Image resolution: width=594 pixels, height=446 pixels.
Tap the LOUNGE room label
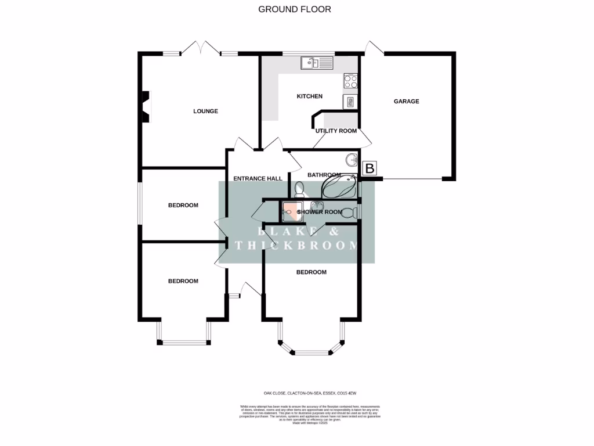(x=205, y=111)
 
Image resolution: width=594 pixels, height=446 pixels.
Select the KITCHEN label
(x=309, y=96)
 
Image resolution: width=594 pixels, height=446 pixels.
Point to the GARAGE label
(x=406, y=101)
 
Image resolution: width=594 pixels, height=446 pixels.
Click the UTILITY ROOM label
(x=336, y=131)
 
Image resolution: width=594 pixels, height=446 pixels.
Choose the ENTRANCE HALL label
(x=257, y=178)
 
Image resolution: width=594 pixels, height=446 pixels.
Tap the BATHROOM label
(x=324, y=175)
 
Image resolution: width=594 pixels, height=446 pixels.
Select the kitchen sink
(x=317, y=62)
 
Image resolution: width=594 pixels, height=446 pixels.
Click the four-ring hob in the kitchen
(x=350, y=81)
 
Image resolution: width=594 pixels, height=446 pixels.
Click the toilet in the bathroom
(x=299, y=190)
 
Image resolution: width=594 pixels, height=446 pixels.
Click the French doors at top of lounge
(x=200, y=48)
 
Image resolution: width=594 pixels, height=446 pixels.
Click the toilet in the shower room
(x=349, y=213)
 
